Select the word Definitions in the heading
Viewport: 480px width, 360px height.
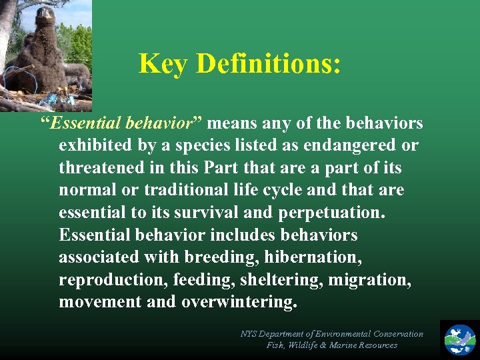click(269, 64)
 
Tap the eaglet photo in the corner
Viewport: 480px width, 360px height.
click(45, 55)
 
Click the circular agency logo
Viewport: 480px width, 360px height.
click(460, 339)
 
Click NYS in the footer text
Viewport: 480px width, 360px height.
click(249, 333)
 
